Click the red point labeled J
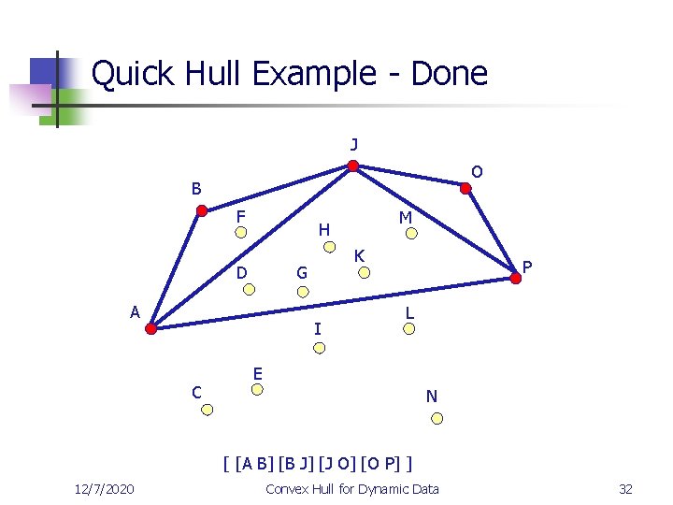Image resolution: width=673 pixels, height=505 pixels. coord(352,167)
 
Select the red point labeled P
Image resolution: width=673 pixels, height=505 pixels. coord(515,276)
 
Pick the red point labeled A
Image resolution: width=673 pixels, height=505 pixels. coord(151,327)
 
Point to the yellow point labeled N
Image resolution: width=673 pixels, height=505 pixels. coord(436,418)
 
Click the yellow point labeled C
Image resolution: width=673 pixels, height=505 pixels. coord(208,409)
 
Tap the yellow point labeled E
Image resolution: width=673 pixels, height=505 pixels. coord(262,392)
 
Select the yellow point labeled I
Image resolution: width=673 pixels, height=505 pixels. coord(319,348)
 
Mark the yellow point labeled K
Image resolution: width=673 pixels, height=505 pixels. coord(366,273)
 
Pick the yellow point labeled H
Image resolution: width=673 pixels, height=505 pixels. coord(329,248)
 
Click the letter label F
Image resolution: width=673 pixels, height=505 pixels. coord(240,217)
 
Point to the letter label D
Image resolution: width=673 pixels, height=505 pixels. coord(241,272)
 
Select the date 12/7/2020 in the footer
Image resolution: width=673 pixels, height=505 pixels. coord(104,489)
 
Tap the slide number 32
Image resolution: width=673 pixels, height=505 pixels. coord(625,489)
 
